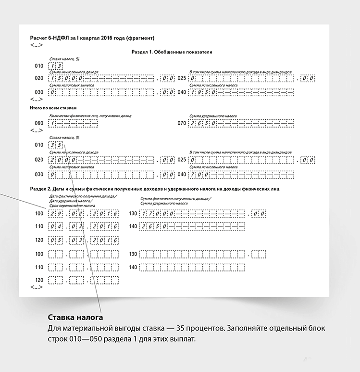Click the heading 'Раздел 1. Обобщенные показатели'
point(171,52)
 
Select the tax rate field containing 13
point(56,66)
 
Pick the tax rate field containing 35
point(56,145)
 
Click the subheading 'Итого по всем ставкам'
point(53,108)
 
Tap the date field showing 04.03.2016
point(84,226)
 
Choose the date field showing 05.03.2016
point(84,240)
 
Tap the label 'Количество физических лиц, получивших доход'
point(90,116)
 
